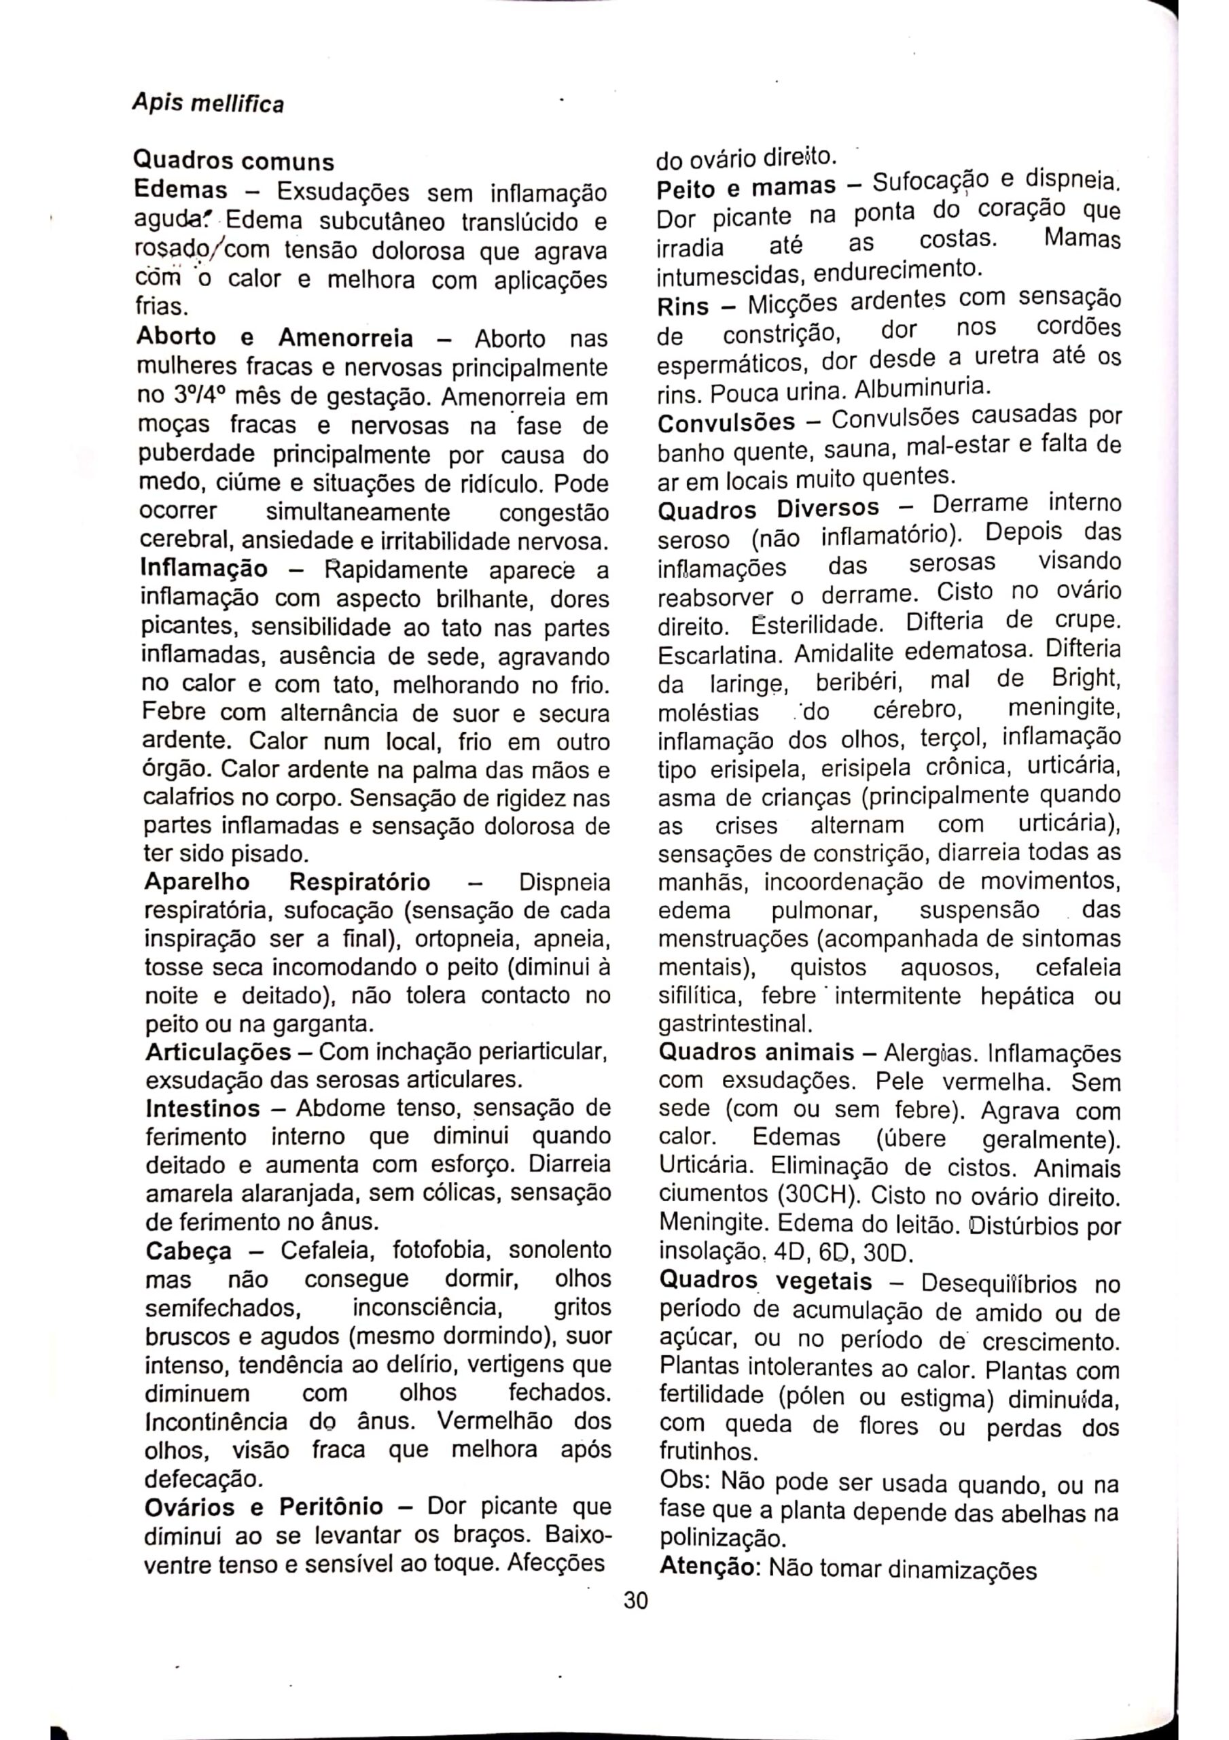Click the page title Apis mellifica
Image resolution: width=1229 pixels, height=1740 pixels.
(208, 103)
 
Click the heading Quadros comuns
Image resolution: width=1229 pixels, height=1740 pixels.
(234, 161)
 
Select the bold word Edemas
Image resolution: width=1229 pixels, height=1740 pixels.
(180, 190)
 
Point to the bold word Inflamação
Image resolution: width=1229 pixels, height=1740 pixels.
(204, 568)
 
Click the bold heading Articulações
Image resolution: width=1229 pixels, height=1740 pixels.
(218, 1052)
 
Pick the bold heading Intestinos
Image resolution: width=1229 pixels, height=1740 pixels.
(202, 1109)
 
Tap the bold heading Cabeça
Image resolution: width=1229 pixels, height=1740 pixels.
(189, 1251)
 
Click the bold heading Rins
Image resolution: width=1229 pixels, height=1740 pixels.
(683, 307)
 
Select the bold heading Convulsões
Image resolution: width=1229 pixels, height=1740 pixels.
(726, 422)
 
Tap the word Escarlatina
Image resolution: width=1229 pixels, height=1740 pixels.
(711, 653)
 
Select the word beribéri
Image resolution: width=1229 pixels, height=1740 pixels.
(859, 682)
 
